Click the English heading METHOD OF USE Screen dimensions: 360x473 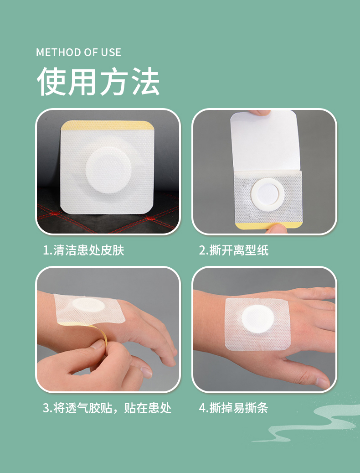(79, 52)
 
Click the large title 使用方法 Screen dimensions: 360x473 (98, 82)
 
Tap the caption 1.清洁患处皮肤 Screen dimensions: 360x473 (83, 250)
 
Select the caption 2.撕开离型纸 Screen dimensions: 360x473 (233, 250)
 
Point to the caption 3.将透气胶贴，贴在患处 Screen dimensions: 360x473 (107, 408)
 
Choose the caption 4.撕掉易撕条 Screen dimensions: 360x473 (233, 408)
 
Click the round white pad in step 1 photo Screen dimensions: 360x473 (108, 170)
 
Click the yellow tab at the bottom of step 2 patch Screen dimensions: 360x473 (268, 225)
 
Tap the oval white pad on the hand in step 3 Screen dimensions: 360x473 (88, 305)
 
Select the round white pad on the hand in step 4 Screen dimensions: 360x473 (258, 319)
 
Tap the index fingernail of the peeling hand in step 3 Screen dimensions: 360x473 (146, 372)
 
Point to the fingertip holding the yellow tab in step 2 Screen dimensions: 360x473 (274, 229)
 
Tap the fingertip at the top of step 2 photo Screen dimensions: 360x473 (260, 113)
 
